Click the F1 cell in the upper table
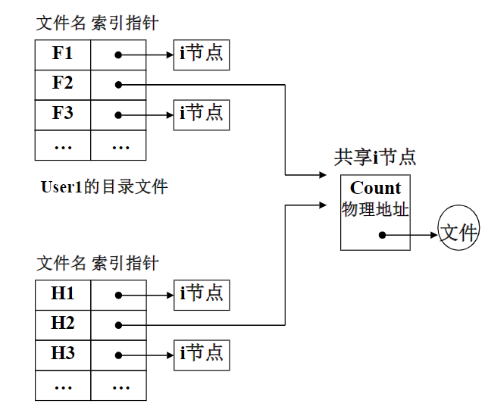pyautogui.click(x=63, y=55)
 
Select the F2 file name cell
pyautogui.click(x=63, y=83)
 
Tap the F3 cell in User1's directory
pyautogui.click(x=63, y=114)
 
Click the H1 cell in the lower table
pyautogui.click(x=63, y=294)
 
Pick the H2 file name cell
pyautogui.click(x=63, y=324)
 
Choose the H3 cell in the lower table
pyautogui.click(x=63, y=353)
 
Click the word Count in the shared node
pyautogui.click(x=375, y=188)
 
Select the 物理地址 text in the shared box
pyautogui.click(x=375, y=209)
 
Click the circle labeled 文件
pyautogui.click(x=458, y=232)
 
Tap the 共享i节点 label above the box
pyautogui.click(x=375, y=158)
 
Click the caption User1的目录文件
pyautogui.click(x=104, y=186)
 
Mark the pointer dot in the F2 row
pyautogui.click(x=118, y=84)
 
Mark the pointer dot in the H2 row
pyautogui.click(x=118, y=324)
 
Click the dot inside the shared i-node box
pyautogui.click(x=383, y=235)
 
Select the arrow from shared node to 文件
pyautogui.click(x=411, y=235)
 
